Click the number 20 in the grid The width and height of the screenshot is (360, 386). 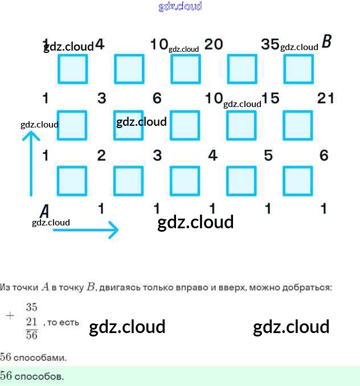[x=213, y=44]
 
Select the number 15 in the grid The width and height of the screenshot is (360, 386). [x=271, y=98]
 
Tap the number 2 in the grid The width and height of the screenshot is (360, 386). [x=101, y=155]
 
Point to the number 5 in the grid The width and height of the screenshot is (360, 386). [x=268, y=155]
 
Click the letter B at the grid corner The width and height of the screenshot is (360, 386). [x=326, y=42]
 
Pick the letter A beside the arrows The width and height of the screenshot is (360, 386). [x=44, y=211]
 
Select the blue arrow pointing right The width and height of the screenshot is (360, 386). [x=85, y=230]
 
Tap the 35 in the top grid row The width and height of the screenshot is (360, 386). [x=269, y=44]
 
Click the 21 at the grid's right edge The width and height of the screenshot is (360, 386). [x=326, y=98]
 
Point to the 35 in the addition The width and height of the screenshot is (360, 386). [x=31, y=307]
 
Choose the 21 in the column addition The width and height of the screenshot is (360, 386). [x=31, y=322]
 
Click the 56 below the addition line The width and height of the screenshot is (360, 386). [x=31, y=335]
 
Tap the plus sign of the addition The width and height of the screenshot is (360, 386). [x=10, y=315]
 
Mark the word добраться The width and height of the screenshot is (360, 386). [x=306, y=288]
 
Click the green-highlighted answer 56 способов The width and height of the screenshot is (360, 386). [x=32, y=376]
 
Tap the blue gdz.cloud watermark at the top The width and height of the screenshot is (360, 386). [x=180, y=7]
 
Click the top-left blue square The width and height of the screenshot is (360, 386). [x=73, y=69]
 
